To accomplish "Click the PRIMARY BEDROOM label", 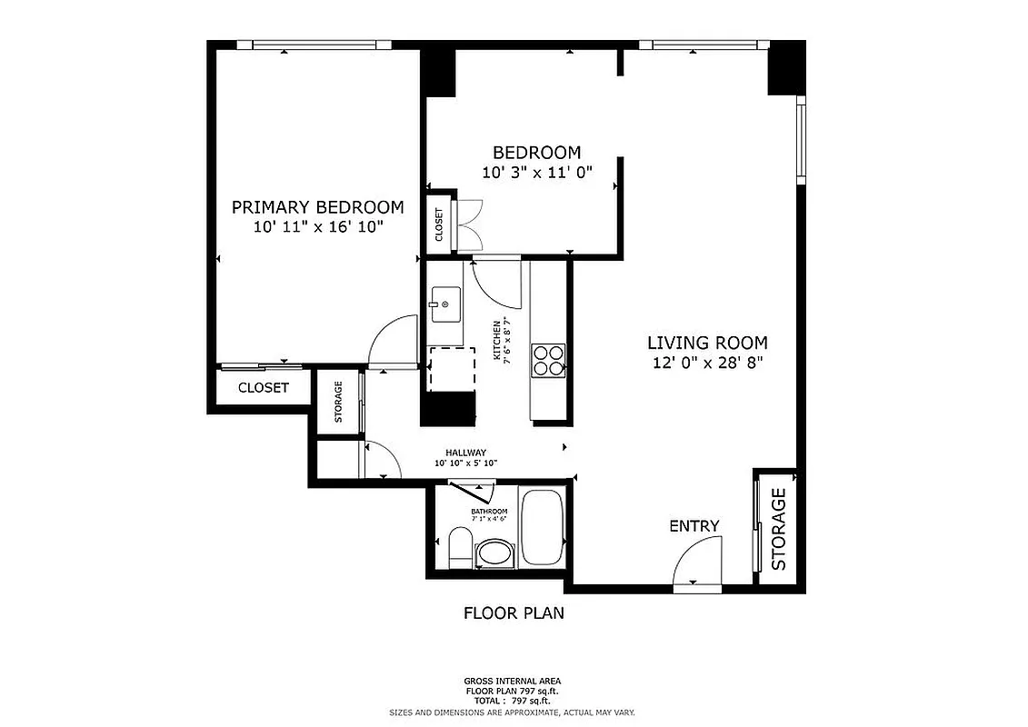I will (317, 206).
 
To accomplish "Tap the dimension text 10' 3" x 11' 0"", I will (536, 172).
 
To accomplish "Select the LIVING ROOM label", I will (707, 343).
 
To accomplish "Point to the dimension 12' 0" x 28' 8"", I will (707, 363).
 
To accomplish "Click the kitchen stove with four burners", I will (548, 360).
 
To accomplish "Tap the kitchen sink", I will (445, 304).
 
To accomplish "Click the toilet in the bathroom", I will (461, 550).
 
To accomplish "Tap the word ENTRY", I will (694, 526).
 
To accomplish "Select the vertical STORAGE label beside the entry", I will (779, 530).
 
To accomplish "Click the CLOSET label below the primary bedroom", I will (264, 388).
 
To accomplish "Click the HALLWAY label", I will (465, 453).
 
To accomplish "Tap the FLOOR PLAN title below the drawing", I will (514, 612).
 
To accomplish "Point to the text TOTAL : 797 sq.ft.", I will (514, 702).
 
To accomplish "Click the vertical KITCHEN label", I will (497, 341).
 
